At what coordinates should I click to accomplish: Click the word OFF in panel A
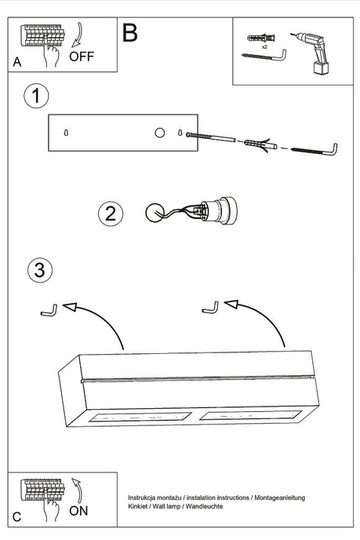82,56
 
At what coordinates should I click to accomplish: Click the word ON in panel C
78,510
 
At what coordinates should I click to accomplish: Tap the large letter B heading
130,33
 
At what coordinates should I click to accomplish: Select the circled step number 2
111,213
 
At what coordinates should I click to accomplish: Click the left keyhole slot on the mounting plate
67,133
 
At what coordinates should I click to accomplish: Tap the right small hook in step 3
209,307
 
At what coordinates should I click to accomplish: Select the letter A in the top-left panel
17,62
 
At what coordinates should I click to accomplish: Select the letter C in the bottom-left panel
17,516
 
